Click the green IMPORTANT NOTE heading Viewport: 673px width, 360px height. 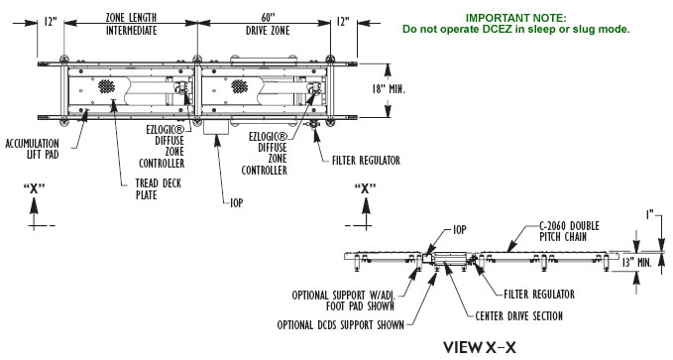click(x=516, y=18)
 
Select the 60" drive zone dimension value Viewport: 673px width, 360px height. click(x=268, y=18)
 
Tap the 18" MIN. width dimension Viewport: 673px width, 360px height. click(x=389, y=89)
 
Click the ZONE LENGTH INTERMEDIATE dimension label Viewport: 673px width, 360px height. click(x=132, y=24)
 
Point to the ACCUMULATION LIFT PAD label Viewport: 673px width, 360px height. click(x=32, y=149)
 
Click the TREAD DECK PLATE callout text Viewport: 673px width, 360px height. click(x=159, y=189)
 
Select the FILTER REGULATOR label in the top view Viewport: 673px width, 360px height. click(x=366, y=161)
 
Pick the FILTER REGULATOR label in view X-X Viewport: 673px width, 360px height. click(x=539, y=295)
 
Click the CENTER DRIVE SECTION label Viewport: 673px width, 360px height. click(x=519, y=316)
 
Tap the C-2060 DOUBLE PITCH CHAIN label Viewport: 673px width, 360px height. click(x=569, y=231)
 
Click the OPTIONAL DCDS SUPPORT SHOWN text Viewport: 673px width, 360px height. click(x=341, y=325)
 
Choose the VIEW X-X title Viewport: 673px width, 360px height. click(x=480, y=347)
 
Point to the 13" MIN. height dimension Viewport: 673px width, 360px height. click(x=637, y=262)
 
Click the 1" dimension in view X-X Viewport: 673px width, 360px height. click(x=650, y=214)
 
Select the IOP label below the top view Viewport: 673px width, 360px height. click(x=237, y=202)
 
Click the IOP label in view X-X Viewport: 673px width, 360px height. click(x=460, y=230)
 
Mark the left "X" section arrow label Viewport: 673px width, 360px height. click(x=34, y=188)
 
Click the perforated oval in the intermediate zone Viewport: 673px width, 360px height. click(x=106, y=86)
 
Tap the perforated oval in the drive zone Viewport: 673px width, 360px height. click(x=240, y=86)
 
